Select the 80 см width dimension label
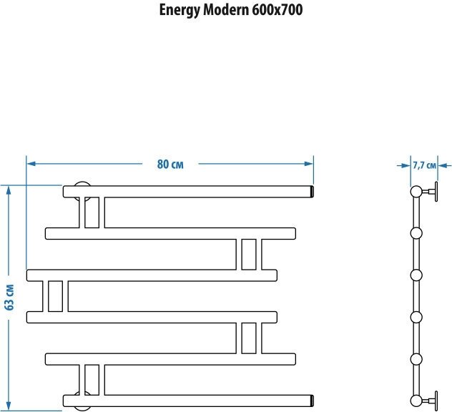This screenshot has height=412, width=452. tap(170, 164)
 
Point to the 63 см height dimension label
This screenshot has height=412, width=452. tap(9, 296)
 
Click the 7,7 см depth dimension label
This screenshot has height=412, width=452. tap(424, 165)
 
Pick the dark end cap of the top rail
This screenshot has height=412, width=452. tap(312, 192)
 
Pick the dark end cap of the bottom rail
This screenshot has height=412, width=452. tap(312, 398)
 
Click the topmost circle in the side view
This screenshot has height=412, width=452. tap(416, 192)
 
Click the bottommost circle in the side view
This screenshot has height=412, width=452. tap(416, 398)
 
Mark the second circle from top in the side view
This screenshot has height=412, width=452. tap(416, 233)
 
